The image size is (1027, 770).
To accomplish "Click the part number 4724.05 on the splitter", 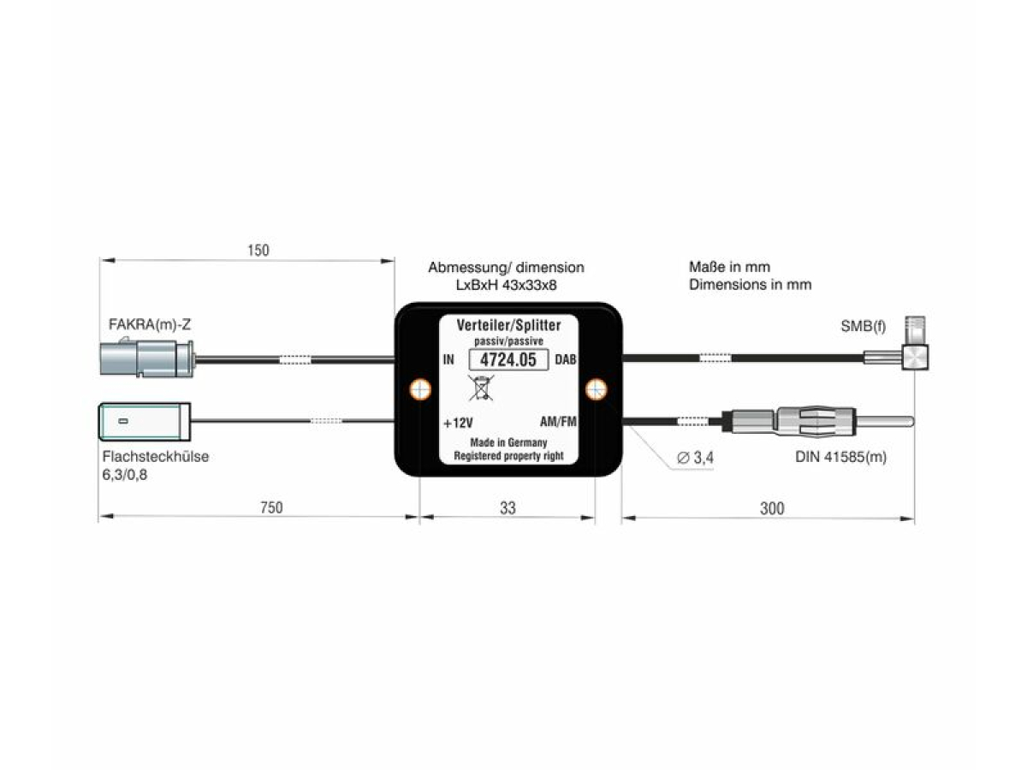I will pos(508,360).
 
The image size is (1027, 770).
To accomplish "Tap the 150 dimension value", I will pos(258,251).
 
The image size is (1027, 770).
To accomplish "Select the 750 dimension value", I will pos(270,507).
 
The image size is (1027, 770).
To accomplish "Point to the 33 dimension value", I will pos(508,507).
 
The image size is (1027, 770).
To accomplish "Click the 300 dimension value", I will pos(771,508).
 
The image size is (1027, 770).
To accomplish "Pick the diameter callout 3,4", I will pos(695,458).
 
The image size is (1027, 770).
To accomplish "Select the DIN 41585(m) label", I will pos(840,457).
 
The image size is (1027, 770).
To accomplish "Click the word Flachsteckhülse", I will pos(155,456).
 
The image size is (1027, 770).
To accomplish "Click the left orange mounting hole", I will pos(420,390).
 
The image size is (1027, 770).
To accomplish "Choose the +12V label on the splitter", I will pos(459,423).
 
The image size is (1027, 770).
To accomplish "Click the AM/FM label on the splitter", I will pos(558,422).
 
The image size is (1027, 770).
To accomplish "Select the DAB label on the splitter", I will pos(566,360).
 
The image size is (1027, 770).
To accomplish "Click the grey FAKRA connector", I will pos(146,358).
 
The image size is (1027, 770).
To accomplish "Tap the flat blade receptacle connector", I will pos(142,421).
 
